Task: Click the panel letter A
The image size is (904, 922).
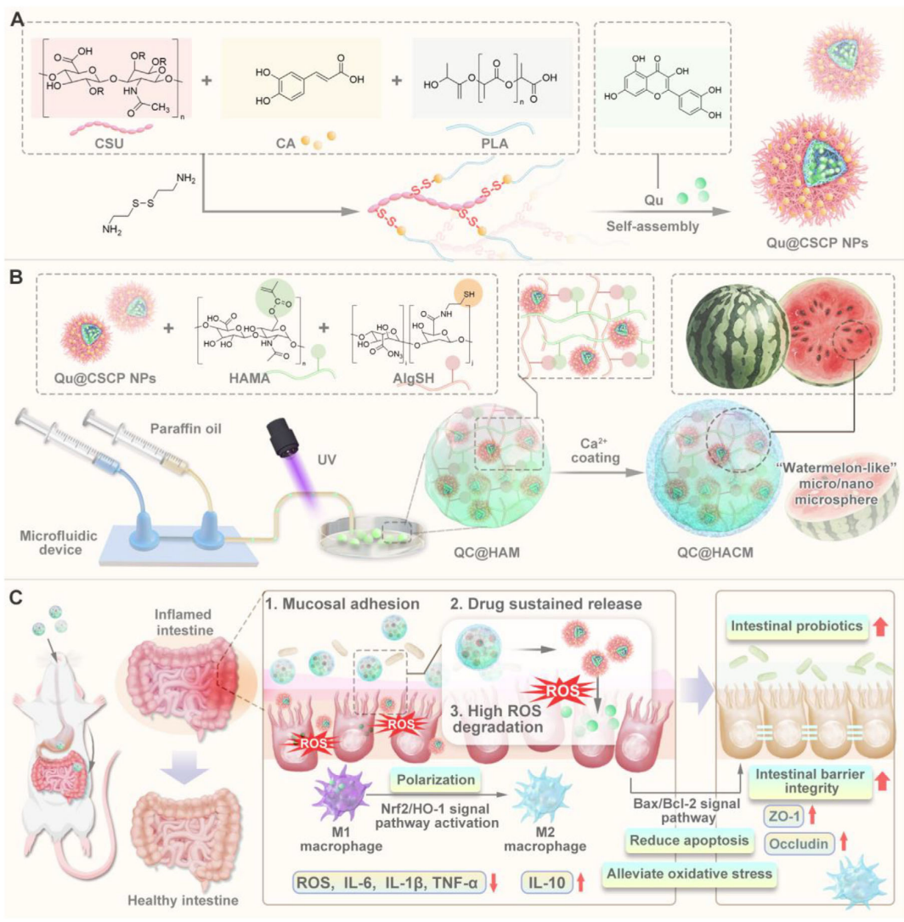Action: pos(15,18)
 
